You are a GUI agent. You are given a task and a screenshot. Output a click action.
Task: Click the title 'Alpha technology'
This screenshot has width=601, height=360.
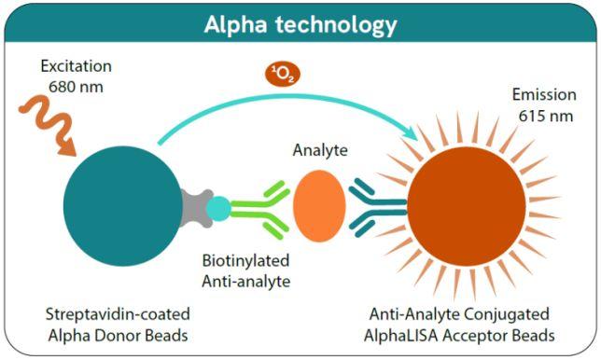click(300, 24)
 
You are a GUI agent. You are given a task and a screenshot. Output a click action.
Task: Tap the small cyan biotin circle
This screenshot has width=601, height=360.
click(217, 208)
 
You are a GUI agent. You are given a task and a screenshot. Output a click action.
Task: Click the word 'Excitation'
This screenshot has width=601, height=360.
click(77, 68)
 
